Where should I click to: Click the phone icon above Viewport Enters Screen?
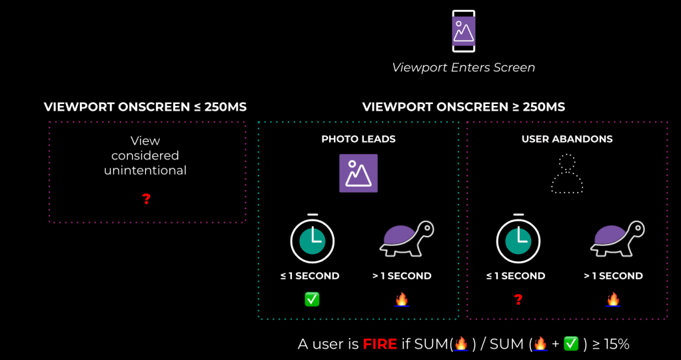463,31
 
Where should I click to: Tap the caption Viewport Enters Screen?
463,67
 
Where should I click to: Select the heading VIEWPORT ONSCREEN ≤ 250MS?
145,107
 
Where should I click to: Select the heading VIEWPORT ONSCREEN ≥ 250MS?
463,107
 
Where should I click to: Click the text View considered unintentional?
145,155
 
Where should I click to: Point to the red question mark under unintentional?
147,199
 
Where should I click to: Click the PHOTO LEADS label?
358,139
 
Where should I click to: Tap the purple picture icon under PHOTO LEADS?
358,173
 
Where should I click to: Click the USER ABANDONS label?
567,139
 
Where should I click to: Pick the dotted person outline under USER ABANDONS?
567,175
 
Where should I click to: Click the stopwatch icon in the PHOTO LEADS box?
312,239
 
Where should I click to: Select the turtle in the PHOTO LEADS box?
406,239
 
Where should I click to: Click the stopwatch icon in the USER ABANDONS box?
518,239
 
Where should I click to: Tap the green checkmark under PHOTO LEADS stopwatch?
312,299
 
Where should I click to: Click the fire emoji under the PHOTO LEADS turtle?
401,299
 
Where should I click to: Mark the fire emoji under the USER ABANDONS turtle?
613,299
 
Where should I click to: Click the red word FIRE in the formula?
380,344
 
